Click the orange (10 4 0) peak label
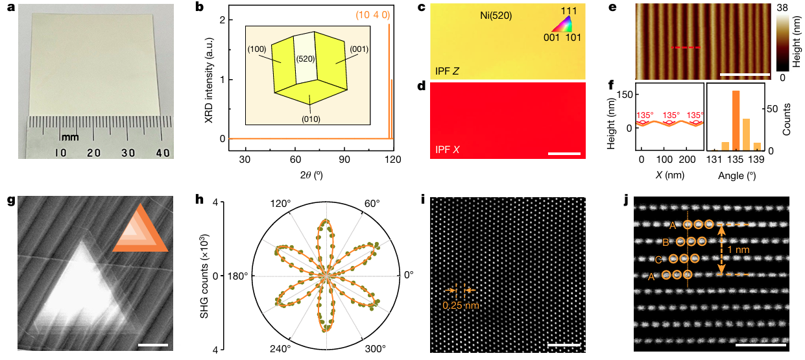373,15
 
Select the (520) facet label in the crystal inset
306,58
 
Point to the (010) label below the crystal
311,119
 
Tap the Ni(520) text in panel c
496,16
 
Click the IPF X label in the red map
447,149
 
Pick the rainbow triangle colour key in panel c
562,25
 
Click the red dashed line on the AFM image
686,47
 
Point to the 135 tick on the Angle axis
736,160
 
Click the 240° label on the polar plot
280,348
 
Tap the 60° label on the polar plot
372,204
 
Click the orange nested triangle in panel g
140,228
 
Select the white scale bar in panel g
152,345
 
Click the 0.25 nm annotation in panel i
461,306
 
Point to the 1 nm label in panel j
739,249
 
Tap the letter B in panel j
666,243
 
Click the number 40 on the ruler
162,152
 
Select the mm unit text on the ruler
69,138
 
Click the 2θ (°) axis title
311,175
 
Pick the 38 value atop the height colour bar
782,7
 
